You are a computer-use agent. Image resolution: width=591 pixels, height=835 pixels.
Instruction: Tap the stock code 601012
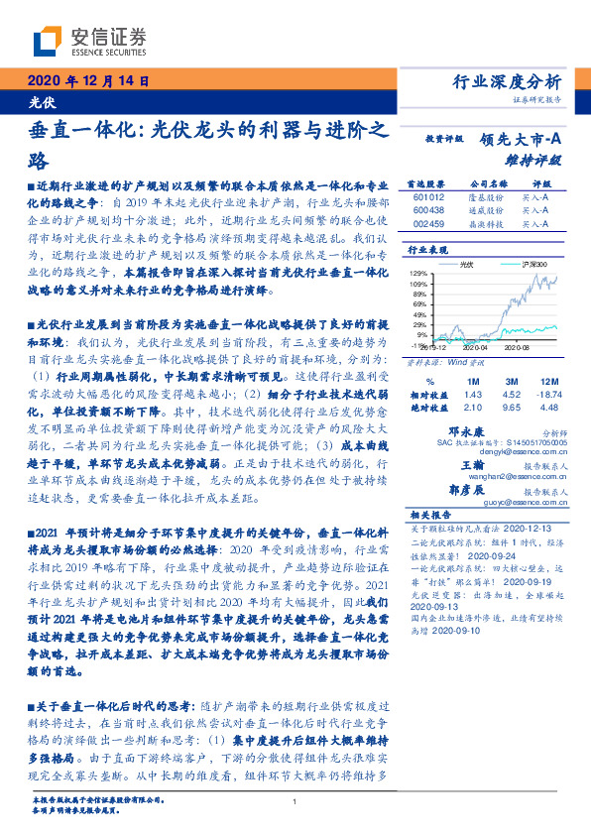420,196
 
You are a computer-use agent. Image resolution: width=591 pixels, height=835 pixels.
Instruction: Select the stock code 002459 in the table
420,224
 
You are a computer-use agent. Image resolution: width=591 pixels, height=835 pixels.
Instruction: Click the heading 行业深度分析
520,81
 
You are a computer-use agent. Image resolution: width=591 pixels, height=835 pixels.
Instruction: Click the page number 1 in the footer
295,801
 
